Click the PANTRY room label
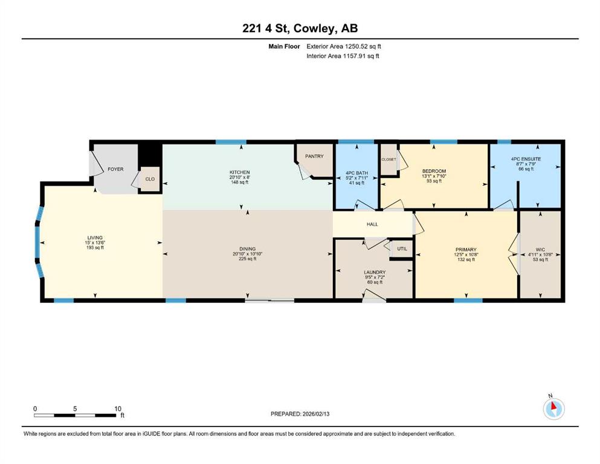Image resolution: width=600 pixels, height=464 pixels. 314,156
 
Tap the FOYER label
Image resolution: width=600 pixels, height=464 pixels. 115,169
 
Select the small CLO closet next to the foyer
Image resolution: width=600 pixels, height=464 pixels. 150,179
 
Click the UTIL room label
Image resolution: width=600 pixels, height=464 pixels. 402,249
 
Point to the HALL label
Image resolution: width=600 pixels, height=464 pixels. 372,224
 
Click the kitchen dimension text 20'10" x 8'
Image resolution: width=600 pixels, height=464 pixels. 239,178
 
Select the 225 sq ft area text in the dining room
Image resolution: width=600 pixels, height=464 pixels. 248,259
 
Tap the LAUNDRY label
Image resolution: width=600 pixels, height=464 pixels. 375,272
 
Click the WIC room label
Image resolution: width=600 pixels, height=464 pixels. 540,250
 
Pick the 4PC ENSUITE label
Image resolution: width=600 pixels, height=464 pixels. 526,159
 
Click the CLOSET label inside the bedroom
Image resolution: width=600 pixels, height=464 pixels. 389,159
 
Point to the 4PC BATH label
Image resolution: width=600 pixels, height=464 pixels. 356,173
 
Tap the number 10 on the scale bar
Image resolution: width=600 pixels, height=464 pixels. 118,408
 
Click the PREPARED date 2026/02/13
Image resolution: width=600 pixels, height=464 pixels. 316,414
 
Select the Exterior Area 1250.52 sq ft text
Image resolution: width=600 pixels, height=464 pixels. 344,47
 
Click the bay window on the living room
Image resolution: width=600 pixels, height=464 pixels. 38,242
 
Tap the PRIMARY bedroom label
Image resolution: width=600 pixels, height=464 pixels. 466,250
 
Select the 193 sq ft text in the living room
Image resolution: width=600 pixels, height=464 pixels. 95,248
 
